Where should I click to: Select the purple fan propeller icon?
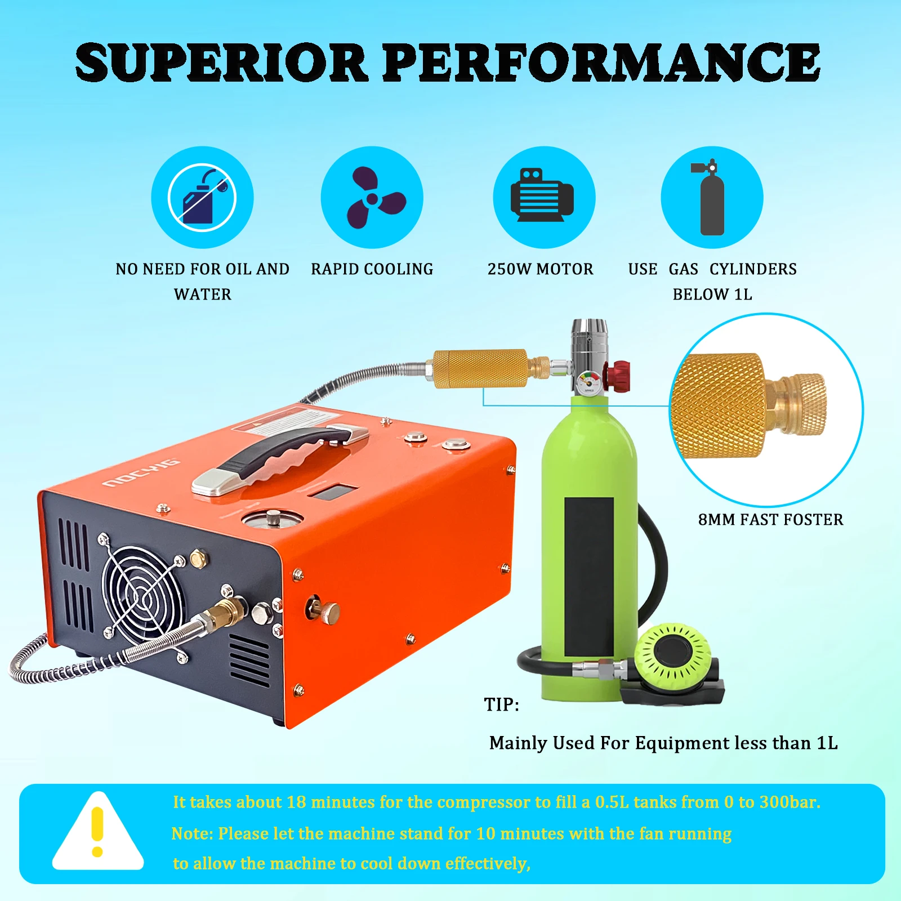coord(372,198)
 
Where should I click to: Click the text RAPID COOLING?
coord(372,269)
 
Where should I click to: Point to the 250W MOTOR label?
coord(541,269)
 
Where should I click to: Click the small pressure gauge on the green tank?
coord(588,382)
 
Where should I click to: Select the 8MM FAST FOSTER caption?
coord(770,520)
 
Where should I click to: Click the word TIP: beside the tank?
coord(501,704)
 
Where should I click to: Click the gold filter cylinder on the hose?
coord(480,369)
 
